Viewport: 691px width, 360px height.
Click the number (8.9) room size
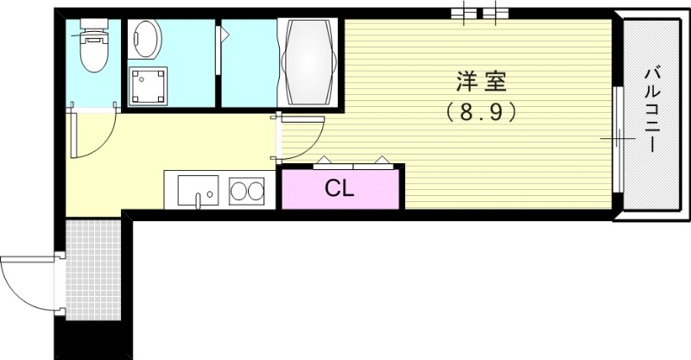[480, 112]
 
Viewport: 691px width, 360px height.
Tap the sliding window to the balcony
[618, 138]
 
